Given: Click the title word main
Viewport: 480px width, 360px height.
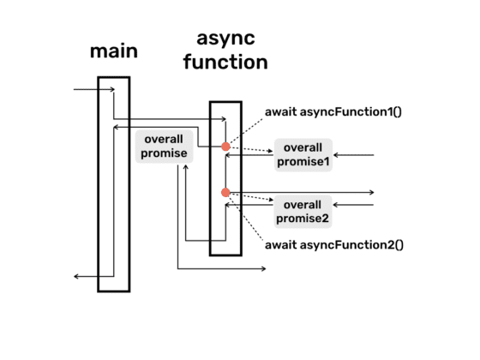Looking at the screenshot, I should [x=114, y=51].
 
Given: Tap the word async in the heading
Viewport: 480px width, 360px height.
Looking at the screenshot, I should [x=225, y=39].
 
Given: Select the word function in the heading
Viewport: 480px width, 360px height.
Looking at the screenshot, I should [x=225, y=63].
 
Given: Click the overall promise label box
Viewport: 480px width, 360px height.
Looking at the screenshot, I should [x=163, y=146].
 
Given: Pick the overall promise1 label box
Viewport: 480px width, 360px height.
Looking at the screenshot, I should [x=303, y=154].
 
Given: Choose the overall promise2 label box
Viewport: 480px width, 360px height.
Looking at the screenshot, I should [x=303, y=211].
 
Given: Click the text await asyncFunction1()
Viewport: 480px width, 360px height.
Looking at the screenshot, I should [x=333, y=112].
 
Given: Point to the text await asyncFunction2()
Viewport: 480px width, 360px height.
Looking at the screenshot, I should [x=333, y=245].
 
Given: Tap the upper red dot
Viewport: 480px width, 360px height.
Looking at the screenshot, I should [x=226, y=147].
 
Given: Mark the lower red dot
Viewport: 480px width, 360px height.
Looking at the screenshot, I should [x=226, y=192].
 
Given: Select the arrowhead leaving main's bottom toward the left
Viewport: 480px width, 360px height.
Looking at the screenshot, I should [x=77, y=276].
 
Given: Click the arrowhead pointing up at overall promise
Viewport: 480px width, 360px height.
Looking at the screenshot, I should [x=185, y=168].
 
